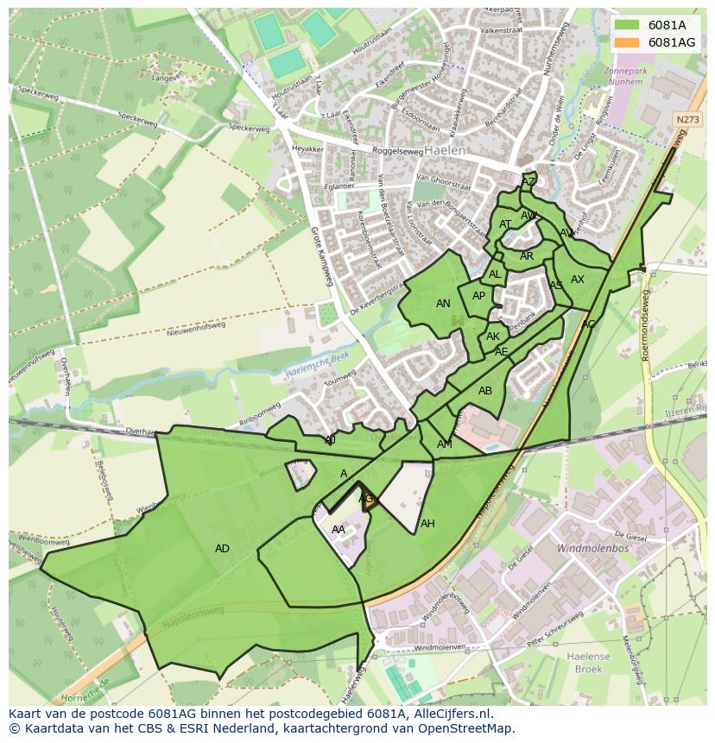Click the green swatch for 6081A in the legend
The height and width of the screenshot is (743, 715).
(x=627, y=24)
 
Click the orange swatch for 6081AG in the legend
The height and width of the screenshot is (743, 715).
(x=627, y=41)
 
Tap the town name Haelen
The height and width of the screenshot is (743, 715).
(x=446, y=149)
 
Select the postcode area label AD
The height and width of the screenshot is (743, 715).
(x=222, y=549)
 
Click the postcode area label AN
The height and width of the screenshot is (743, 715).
(x=443, y=304)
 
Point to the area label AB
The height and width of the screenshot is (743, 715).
(x=485, y=391)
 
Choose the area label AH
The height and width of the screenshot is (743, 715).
(x=427, y=524)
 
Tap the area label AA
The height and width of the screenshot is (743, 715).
(x=339, y=530)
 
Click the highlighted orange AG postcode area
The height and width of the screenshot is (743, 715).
(x=368, y=499)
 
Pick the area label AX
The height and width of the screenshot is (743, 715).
(x=578, y=280)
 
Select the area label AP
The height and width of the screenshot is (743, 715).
(x=478, y=296)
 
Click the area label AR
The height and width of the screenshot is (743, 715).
(x=527, y=256)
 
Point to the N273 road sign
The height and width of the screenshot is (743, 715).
(x=687, y=120)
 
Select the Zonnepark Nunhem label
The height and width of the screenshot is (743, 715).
(x=624, y=77)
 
